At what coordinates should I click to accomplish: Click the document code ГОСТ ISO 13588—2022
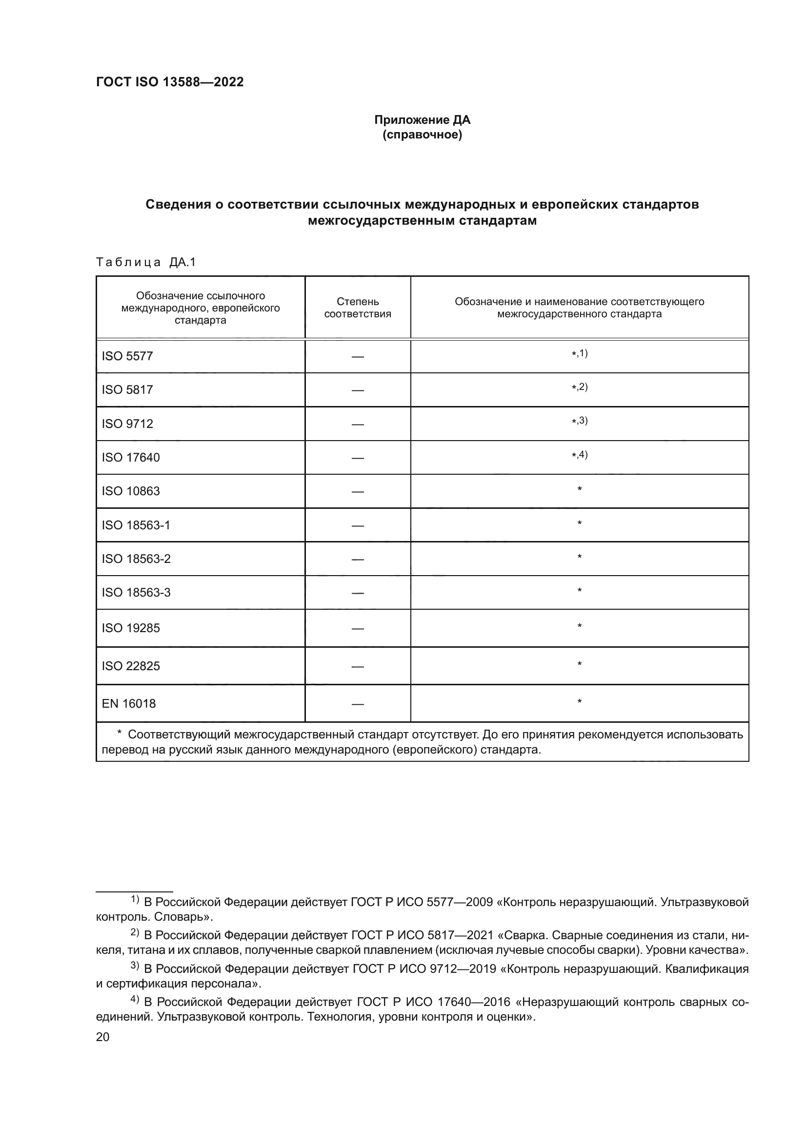(169, 82)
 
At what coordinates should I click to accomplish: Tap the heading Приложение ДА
(422, 120)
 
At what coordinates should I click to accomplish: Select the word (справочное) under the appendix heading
(422, 135)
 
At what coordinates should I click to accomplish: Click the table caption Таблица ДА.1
(145, 262)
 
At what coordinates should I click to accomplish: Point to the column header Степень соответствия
(357, 308)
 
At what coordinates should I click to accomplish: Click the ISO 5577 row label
(127, 356)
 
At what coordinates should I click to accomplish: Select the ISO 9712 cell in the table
(127, 424)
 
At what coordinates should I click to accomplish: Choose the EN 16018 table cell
(129, 704)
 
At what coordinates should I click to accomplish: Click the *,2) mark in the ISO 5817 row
(580, 387)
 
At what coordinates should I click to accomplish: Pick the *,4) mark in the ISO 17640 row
(580, 455)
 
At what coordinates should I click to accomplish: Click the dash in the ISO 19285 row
(357, 629)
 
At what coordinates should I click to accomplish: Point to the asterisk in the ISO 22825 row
(580, 664)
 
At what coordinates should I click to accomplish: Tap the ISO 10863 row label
(131, 491)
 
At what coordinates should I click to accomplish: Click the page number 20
(102, 1037)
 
